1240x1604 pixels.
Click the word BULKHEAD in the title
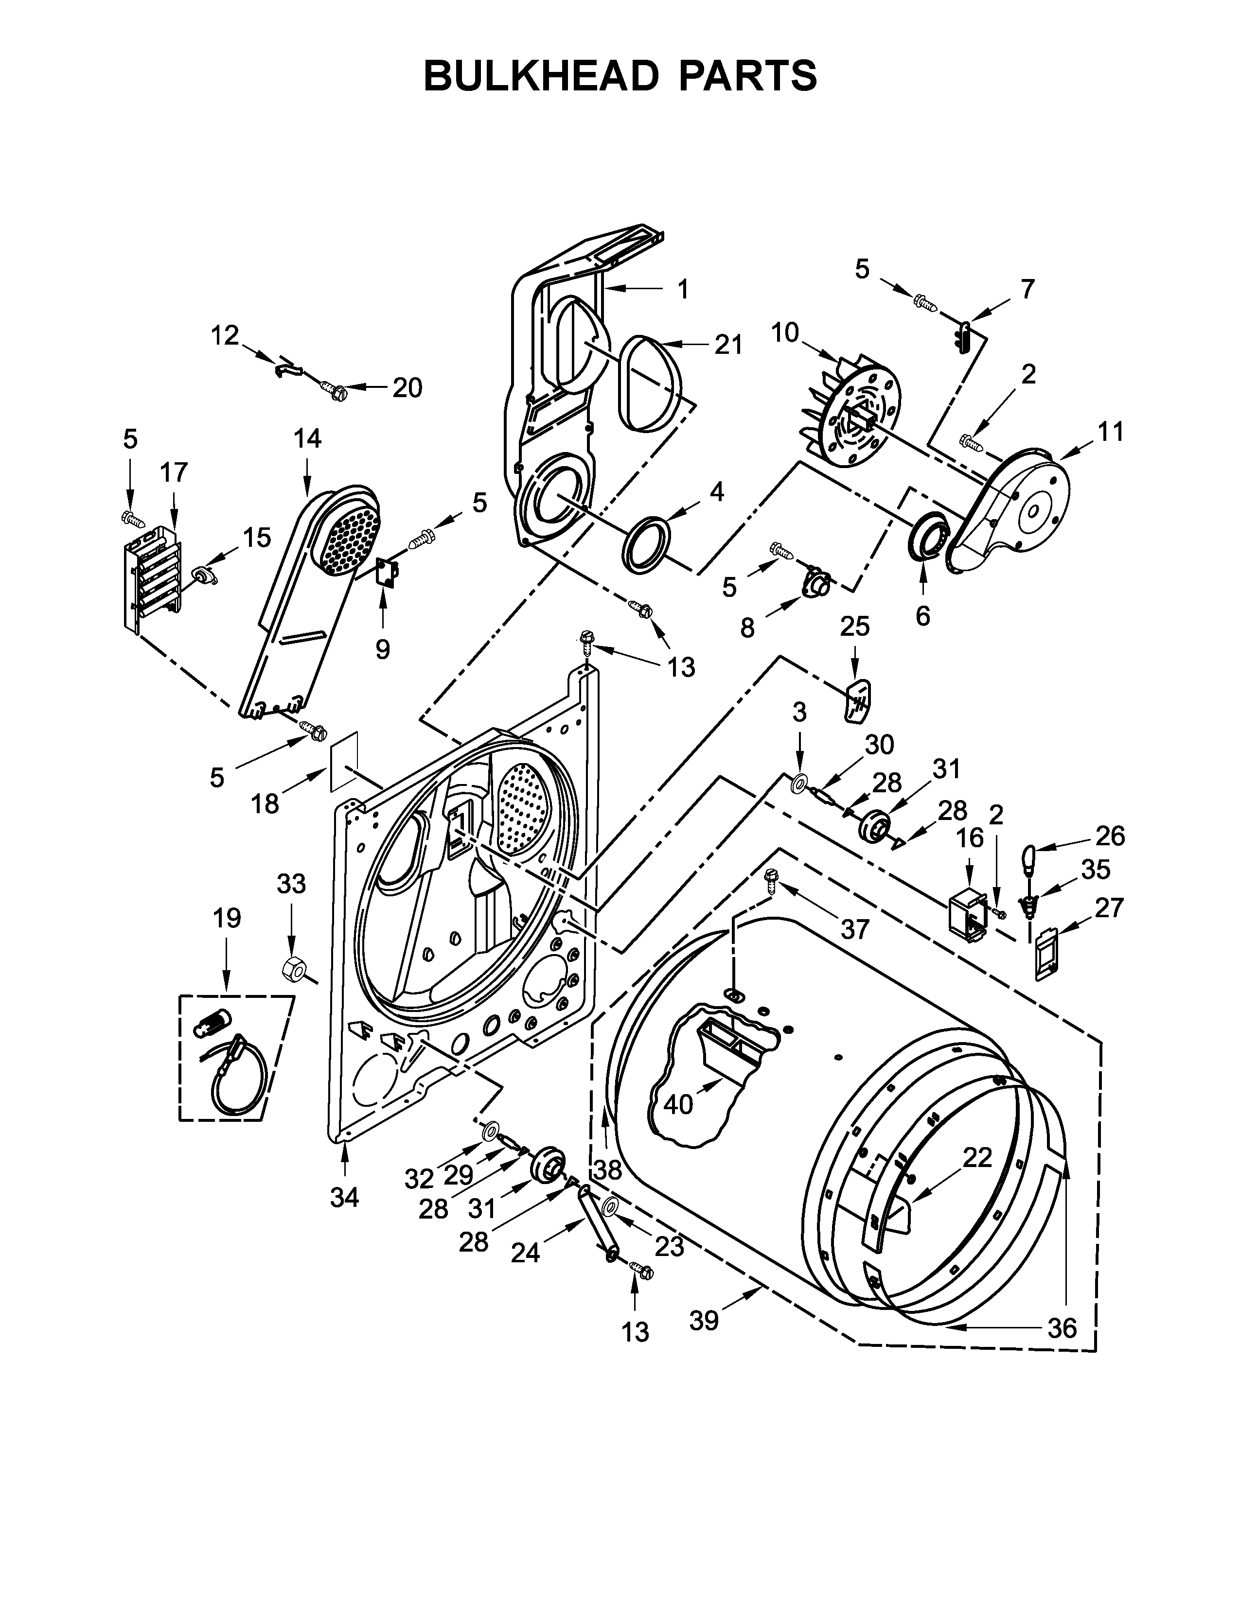click(541, 76)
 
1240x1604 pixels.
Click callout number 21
click(729, 345)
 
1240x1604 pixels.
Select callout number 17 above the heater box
click(174, 472)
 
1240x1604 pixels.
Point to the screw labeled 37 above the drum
click(771, 878)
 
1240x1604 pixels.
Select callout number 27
click(1109, 908)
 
